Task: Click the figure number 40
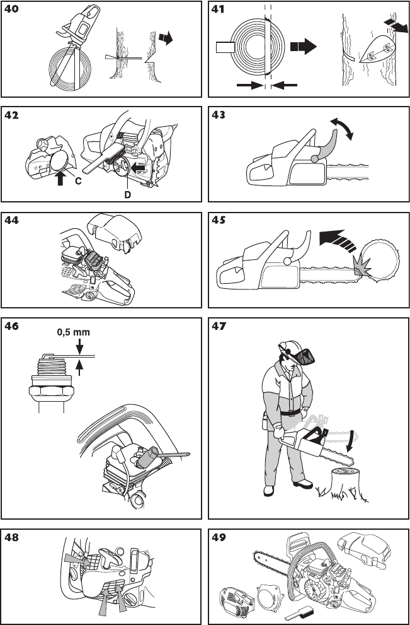(11, 9)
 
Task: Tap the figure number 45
(219, 220)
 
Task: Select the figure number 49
(219, 537)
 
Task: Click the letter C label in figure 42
(79, 181)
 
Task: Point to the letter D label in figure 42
(128, 195)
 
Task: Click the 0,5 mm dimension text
(74, 332)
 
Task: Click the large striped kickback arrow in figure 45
(338, 240)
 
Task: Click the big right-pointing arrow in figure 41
(304, 46)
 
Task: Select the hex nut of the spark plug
(52, 392)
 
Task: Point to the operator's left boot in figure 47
(304, 484)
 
